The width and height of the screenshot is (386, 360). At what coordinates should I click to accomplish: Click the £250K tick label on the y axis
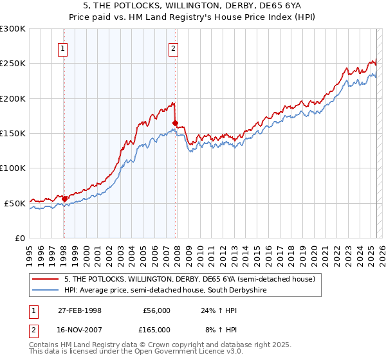[x=13, y=64]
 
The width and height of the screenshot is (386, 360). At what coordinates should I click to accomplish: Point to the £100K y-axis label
[x=13, y=168]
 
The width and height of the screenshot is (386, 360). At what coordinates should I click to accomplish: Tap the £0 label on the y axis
[x=21, y=238]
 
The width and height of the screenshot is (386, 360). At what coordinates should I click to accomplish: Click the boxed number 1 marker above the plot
[x=63, y=47]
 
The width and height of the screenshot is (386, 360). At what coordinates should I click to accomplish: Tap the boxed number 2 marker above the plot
[x=174, y=47]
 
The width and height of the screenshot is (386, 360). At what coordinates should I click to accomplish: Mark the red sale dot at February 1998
[x=64, y=199]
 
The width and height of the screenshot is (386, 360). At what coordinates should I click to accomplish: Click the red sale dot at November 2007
[x=175, y=123]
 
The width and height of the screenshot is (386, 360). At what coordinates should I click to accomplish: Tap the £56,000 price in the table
[x=156, y=310]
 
